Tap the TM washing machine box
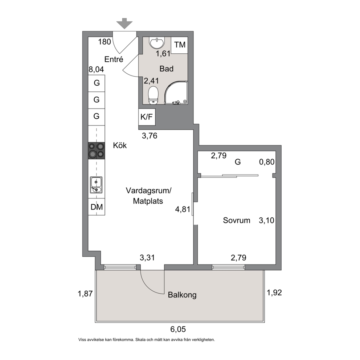tap(180, 45)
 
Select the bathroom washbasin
tap(157, 43)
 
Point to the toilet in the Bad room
tap(154, 95)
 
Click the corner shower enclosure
tap(176, 93)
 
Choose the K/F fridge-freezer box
tap(147, 117)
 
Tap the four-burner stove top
tap(97, 151)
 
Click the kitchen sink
tap(96, 185)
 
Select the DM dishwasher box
tap(97, 207)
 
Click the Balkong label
tap(182, 295)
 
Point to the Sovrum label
tap(237, 220)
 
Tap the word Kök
tap(120, 145)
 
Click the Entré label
tap(114, 59)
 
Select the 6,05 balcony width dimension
tap(178, 330)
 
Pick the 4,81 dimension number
tap(183, 209)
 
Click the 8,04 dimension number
tap(96, 69)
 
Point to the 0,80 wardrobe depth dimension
tap(267, 162)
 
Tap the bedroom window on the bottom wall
tap(228, 267)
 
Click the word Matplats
tap(148, 201)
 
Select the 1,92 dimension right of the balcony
tap(274, 293)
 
